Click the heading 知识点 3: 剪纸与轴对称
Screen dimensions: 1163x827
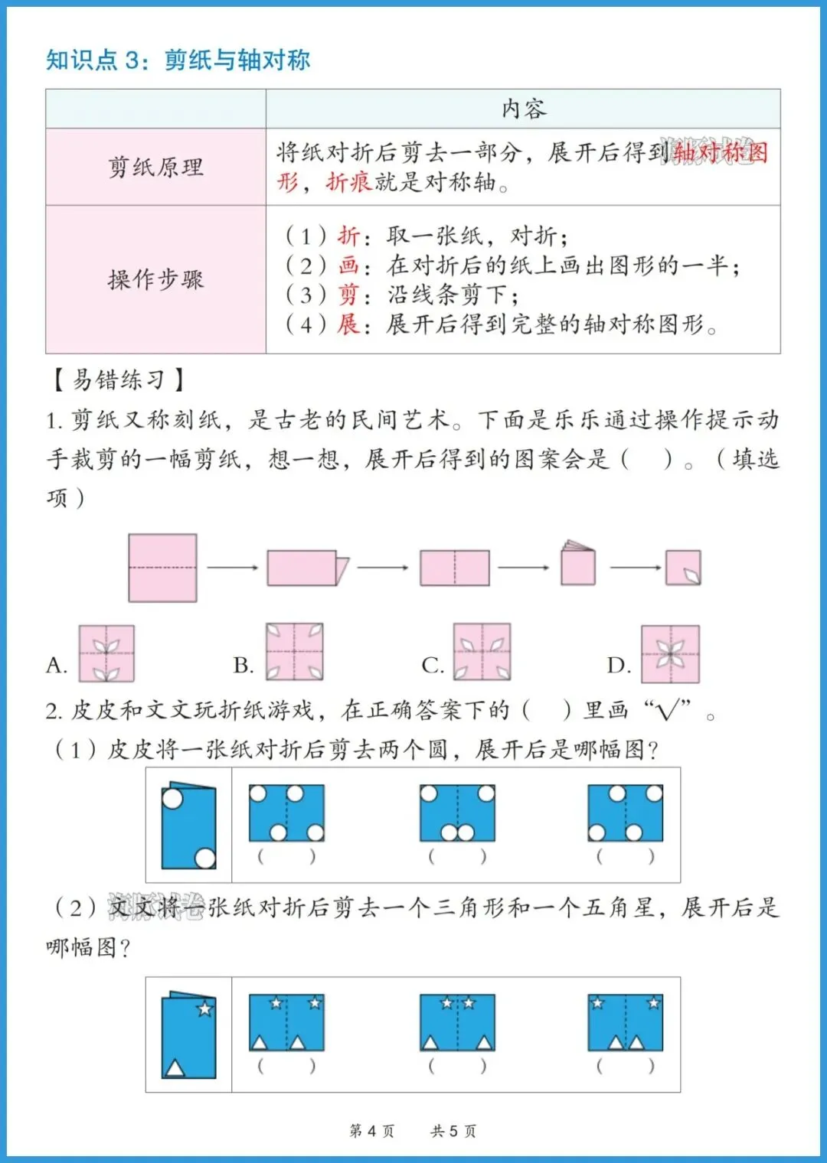point(178,60)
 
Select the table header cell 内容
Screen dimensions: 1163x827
point(524,109)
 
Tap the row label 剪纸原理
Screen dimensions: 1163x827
point(155,167)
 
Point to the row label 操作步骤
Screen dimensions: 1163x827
point(155,279)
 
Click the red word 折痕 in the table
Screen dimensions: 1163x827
point(348,182)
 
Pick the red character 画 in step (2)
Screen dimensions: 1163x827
point(348,266)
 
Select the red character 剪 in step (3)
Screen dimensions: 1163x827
point(348,295)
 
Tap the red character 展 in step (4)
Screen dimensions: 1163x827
point(348,324)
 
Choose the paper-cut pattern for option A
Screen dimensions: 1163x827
point(106,653)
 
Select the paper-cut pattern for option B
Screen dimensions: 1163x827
point(295,652)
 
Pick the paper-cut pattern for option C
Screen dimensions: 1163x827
point(482,652)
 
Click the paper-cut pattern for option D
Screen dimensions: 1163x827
point(670,653)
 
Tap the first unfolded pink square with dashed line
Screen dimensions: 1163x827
point(162,568)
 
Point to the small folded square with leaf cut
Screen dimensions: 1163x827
point(683,568)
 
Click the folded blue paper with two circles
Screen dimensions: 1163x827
point(188,826)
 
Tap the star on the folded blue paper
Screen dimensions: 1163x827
point(204,1009)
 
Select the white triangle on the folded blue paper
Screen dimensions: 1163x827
point(175,1067)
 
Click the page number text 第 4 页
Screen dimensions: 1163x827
point(372,1131)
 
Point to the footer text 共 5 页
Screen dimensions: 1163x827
point(453,1131)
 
